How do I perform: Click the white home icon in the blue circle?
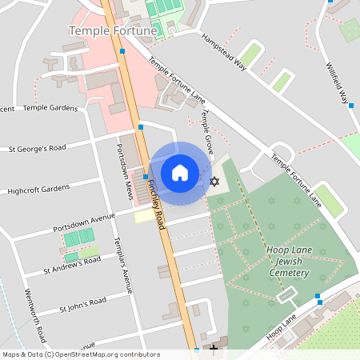[x=180, y=172]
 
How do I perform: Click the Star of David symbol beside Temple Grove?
[x=214, y=182]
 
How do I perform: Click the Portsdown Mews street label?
[x=123, y=171]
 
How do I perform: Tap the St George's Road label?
[x=38, y=148]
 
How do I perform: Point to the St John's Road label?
[x=83, y=305]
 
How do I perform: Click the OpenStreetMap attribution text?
[x=81, y=354]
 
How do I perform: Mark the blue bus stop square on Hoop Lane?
[x=318, y=297]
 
